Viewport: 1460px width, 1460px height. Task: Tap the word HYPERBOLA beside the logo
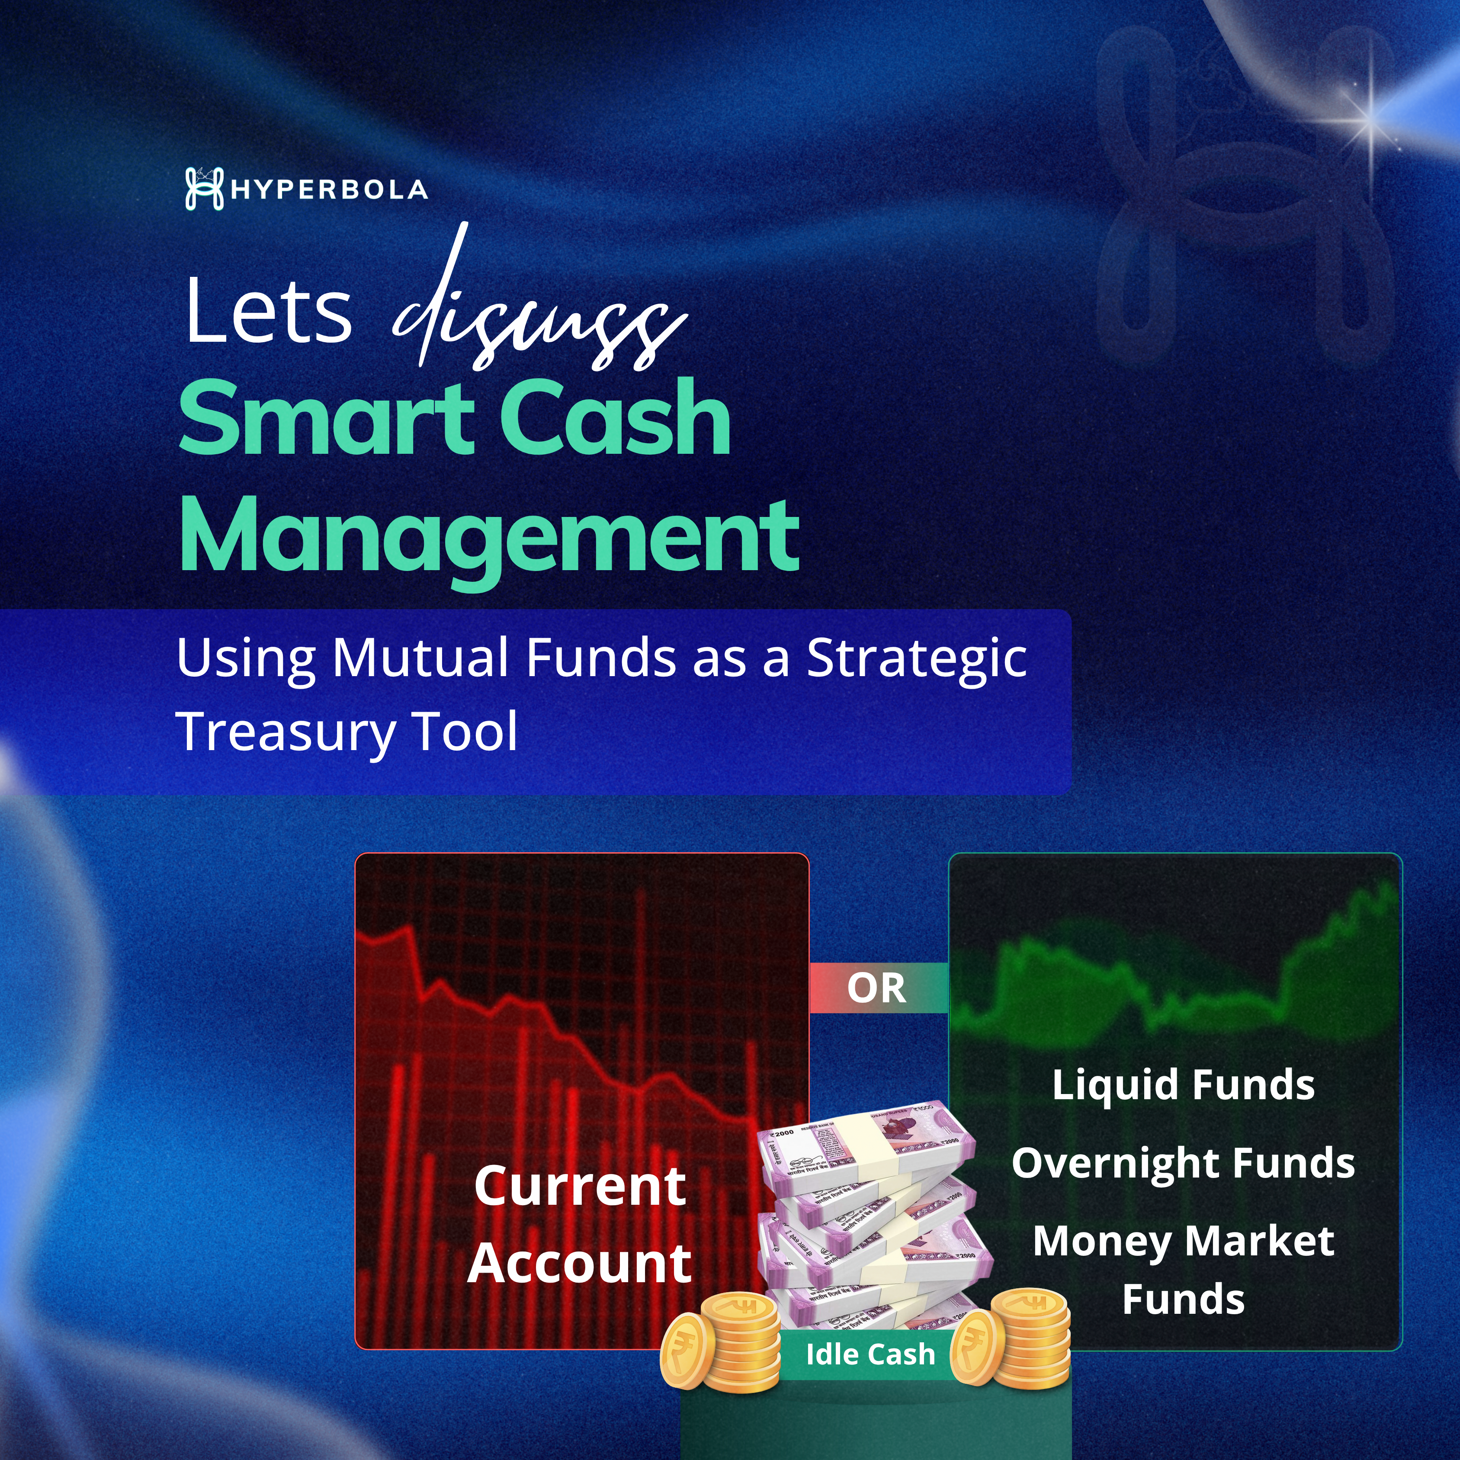330,189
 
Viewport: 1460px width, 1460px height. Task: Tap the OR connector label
876,988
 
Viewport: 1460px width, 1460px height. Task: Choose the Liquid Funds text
1184,1086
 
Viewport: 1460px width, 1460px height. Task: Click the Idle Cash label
870,1354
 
